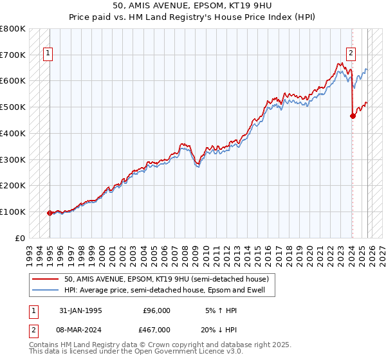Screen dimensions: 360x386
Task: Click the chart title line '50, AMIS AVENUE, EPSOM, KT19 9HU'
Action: click(192, 6)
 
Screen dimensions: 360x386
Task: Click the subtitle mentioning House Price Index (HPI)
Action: click(192, 17)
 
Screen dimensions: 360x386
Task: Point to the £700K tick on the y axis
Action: click(13, 55)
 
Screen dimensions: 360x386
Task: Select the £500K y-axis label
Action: click(13, 107)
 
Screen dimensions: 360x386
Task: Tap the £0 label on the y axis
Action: click(21, 238)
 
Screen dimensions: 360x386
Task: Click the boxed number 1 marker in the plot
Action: click(49, 53)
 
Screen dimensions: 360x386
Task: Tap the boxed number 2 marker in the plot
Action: click(351, 53)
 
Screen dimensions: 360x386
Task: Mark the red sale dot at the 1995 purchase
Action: click(50, 213)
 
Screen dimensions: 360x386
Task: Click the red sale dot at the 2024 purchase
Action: click(353, 116)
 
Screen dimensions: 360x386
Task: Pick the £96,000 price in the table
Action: click(156, 310)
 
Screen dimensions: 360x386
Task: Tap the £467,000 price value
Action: click(156, 330)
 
